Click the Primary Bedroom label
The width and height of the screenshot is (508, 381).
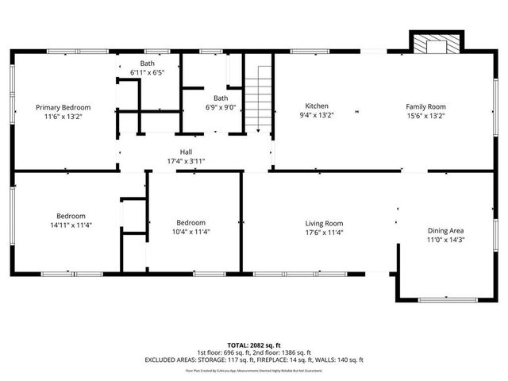(x=63, y=107)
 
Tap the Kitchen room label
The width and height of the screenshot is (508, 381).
(x=317, y=106)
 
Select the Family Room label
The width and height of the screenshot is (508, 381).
(x=425, y=106)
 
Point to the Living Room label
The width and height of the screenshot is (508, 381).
(x=324, y=224)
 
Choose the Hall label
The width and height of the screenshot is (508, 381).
(x=186, y=152)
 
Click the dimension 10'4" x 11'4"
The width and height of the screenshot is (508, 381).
(x=191, y=231)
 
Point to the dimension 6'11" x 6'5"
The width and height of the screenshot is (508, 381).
(x=148, y=72)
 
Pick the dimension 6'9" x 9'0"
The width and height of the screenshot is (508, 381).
(x=220, y=107)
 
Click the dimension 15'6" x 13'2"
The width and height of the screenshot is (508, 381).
(x=425, y=115)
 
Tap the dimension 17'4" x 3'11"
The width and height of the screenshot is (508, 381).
(x=186, y=160)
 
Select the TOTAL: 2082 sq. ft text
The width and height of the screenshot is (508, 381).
(x=253, y=345)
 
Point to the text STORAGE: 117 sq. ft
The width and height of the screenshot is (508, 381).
(x=220, y=360)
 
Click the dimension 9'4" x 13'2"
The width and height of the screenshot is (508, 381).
(x=317, y=115)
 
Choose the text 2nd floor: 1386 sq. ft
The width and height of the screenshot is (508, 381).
(x=283, y=352)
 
